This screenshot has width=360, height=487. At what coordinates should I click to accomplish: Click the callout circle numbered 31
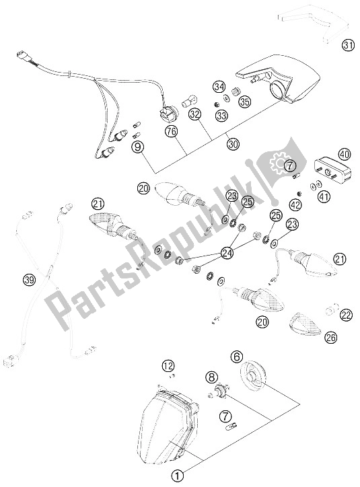click(348, 46)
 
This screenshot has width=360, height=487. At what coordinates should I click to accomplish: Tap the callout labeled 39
click(30, 280)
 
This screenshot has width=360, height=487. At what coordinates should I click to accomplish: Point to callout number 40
click(344, 154)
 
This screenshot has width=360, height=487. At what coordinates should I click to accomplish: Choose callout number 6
click(237, 357)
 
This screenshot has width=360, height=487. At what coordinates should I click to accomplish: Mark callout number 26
click(330, 337)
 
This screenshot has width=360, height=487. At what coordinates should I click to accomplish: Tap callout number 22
click(346, 315)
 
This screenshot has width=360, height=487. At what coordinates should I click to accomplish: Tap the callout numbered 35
click(245, 102)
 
